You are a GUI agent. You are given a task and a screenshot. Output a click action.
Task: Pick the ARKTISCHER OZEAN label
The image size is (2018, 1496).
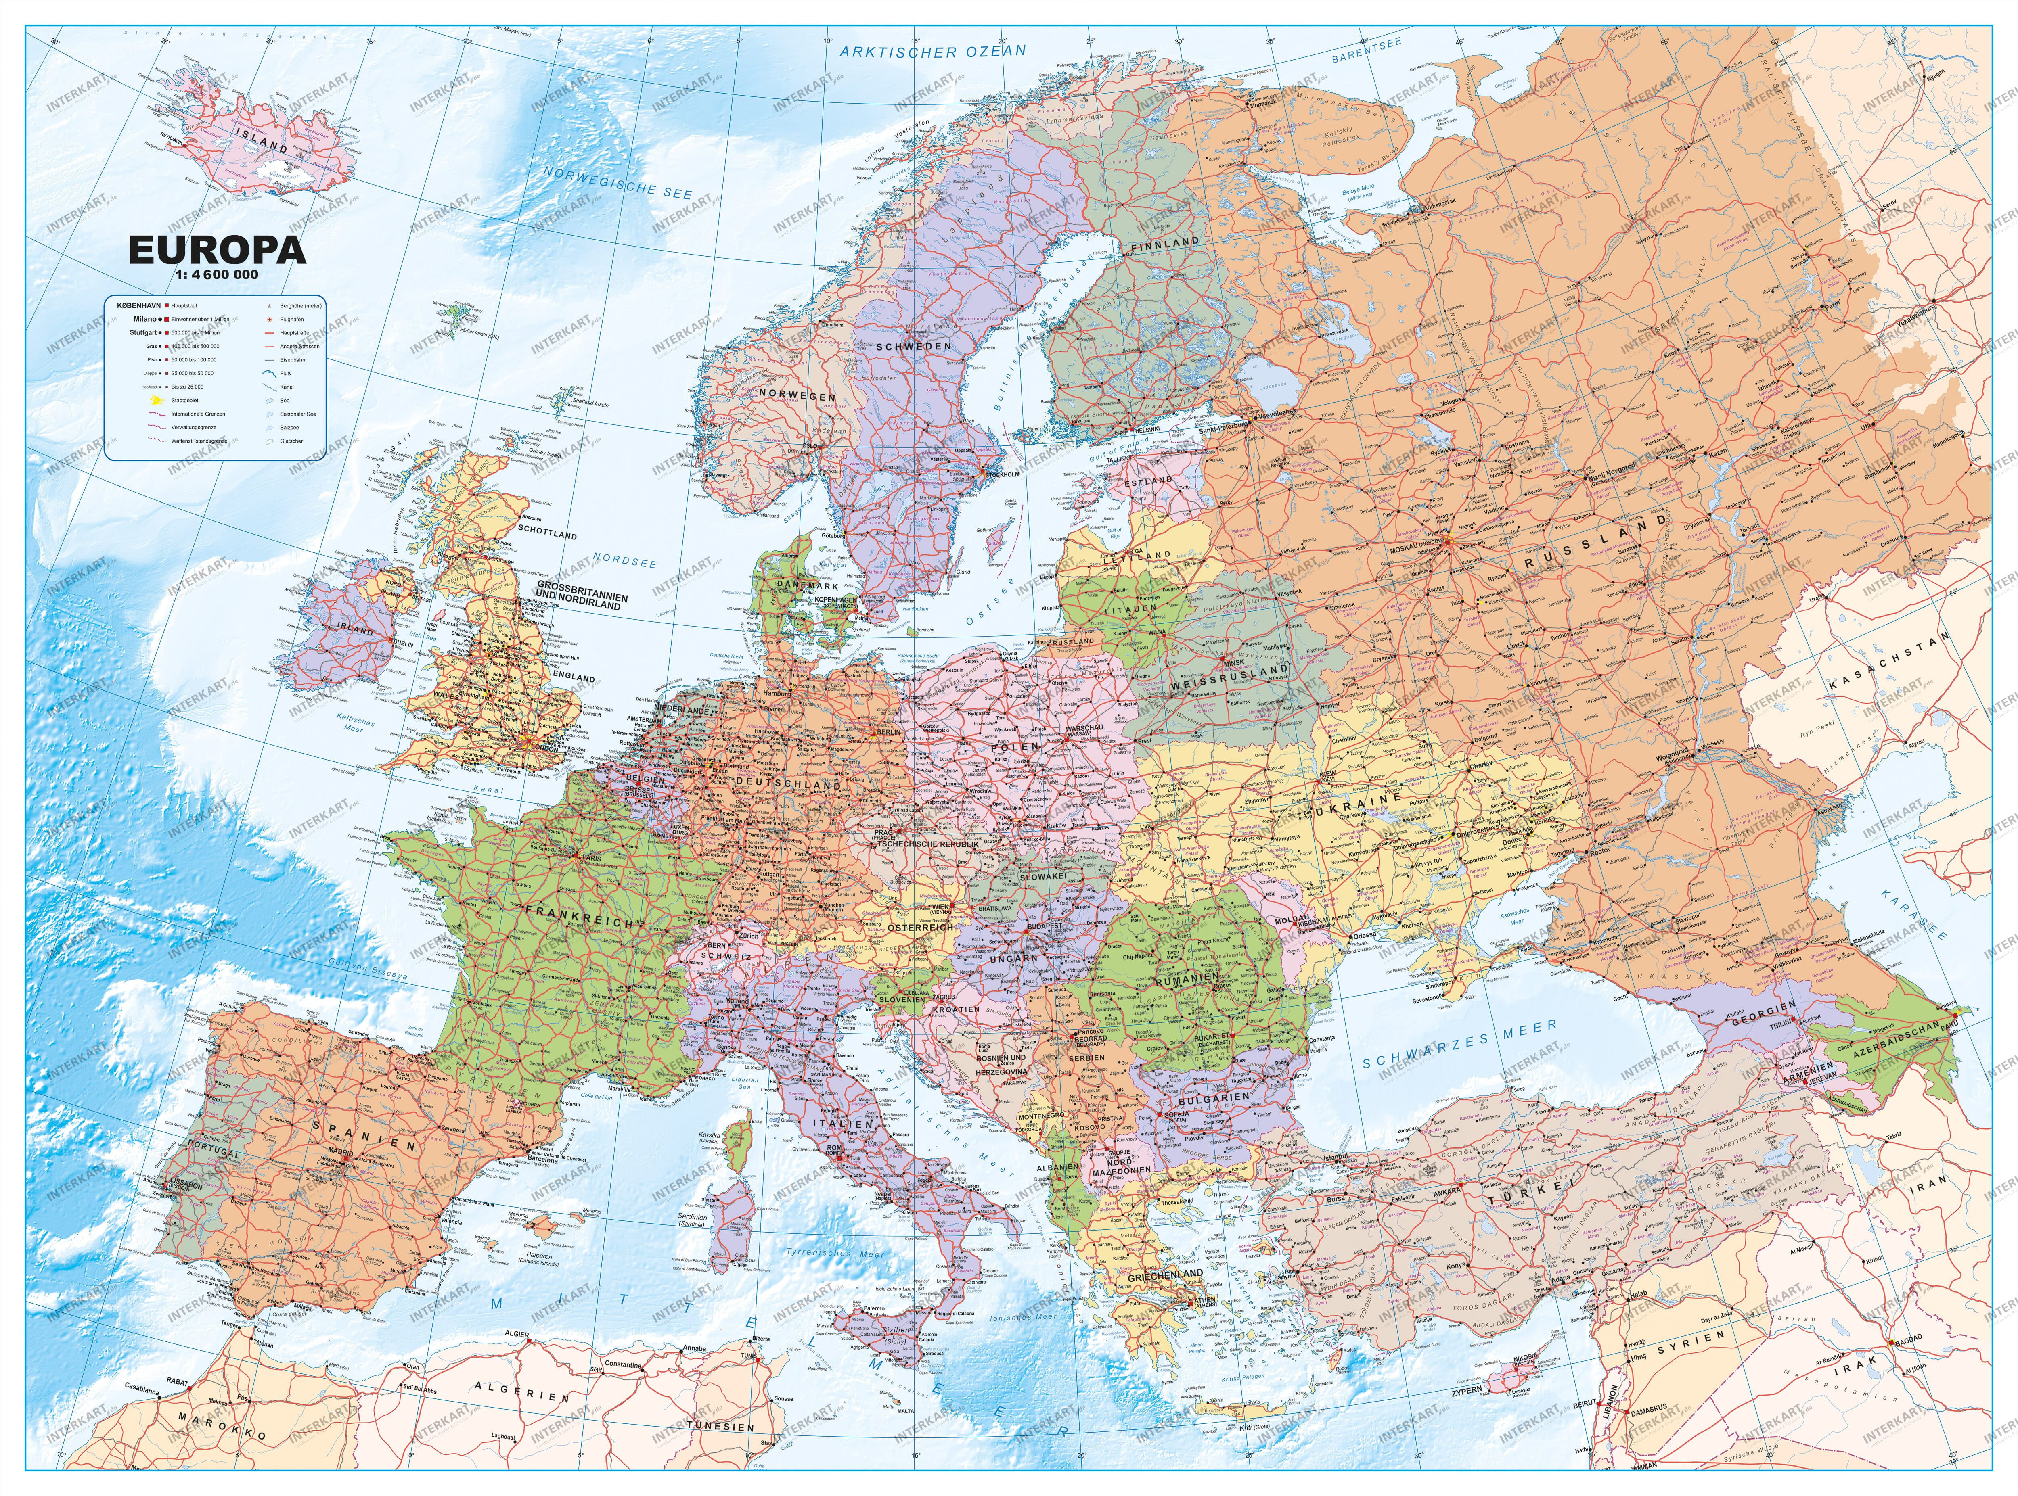933,51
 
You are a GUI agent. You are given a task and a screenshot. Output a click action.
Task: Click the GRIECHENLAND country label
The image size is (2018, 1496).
1165,1274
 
